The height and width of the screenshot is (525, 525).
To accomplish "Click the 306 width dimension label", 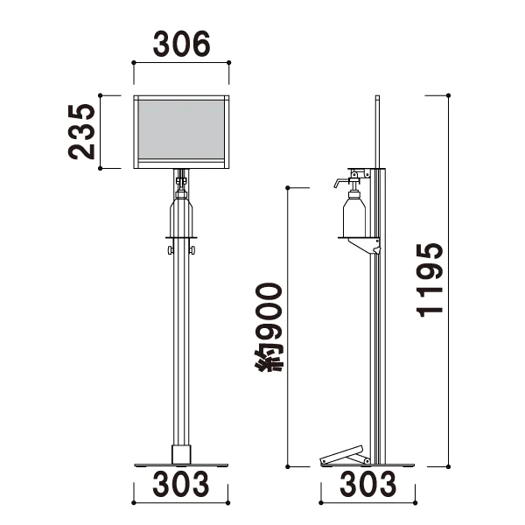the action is [181, 44].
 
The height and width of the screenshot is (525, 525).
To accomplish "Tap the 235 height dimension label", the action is [81, 131].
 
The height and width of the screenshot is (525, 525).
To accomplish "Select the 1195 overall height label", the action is [430, 280].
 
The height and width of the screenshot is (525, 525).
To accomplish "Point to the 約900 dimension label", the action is [269, 327].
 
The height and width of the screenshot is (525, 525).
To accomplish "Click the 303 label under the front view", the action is [181, 484].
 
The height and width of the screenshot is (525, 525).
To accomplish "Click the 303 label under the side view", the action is [368, 484].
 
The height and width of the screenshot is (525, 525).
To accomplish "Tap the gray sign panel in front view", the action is [181, 129].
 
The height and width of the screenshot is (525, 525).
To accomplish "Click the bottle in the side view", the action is [354, 213].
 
